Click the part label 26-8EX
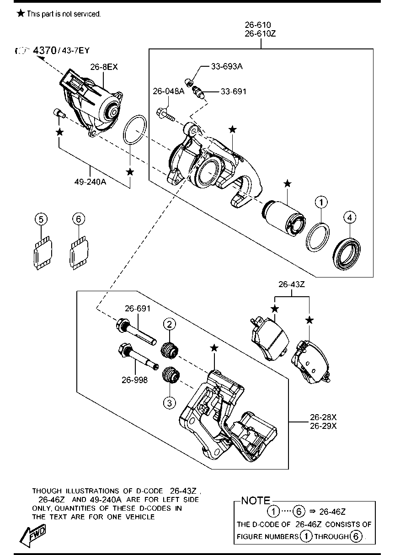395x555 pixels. pos(104,67)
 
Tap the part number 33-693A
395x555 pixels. pos(227,66)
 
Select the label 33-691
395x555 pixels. pos(234,92)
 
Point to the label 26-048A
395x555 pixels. pos(169,91)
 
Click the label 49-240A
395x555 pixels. pos(90,182)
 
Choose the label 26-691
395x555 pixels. pos(138,309)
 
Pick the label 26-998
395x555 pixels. pos(134,380)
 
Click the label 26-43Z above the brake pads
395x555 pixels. pos(291,284)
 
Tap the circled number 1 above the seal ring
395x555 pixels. pos(321,202)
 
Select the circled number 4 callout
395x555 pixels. pos(350,218)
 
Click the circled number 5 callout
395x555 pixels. pos(41,219)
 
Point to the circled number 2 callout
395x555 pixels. pos(170,324)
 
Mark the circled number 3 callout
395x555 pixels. pos(170,403)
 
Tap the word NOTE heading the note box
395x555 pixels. pos(256,501)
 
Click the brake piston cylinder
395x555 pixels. pos(283,218)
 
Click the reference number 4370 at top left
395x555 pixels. pos(45,51)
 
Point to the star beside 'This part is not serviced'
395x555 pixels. pos(21,13)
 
